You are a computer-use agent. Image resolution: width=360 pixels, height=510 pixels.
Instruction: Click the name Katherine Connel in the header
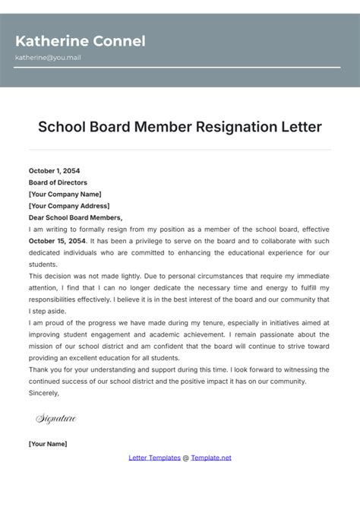(80, 41)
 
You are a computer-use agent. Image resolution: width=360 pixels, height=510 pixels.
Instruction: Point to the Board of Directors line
(58, 182)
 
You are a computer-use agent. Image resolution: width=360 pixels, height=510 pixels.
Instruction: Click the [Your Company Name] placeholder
(65, 194)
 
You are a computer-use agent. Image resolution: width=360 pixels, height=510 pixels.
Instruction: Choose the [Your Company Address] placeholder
(69, 205)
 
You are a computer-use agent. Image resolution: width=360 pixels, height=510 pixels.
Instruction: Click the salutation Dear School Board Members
(75, 217)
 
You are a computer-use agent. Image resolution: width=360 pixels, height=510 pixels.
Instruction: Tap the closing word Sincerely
(43, 393)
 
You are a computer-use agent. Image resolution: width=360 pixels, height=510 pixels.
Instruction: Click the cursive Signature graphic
(55, 418)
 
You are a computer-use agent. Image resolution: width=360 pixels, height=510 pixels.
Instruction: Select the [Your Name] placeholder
(48, 444)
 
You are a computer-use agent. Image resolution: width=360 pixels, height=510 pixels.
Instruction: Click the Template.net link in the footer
(211, 458)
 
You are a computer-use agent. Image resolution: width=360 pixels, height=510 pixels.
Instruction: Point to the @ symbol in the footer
(186, 458)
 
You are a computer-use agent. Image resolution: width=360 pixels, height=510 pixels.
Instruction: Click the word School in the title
(62, 126)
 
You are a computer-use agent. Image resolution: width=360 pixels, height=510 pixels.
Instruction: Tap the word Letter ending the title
(302, 126)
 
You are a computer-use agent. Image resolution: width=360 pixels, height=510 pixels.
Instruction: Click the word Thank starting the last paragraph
(38, 369)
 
